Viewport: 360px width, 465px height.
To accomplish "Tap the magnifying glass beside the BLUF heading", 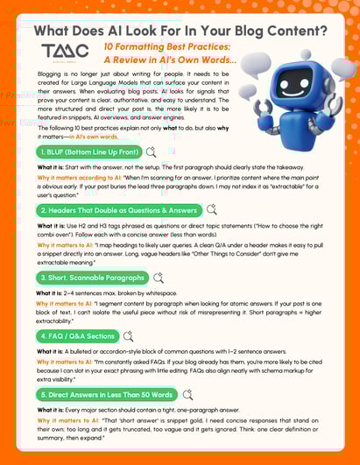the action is (152, 151).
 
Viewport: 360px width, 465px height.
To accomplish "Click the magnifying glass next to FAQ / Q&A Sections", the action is (129, 335).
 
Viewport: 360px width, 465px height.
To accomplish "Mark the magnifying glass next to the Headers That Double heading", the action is (212, 210).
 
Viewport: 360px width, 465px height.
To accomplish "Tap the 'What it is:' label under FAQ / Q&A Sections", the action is (54, 351).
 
